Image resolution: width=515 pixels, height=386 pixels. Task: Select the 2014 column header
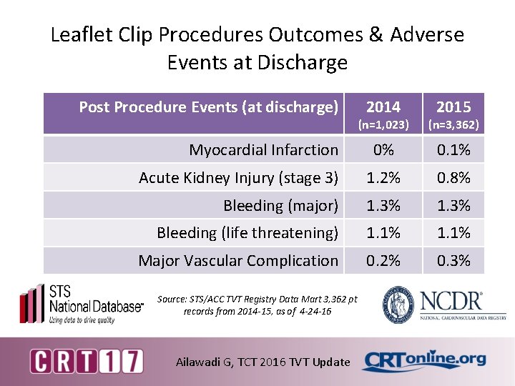click(383, 107)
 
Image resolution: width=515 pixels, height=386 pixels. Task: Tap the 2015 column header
click(453, 107)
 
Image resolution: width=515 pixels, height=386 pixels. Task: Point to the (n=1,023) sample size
click(383, 125)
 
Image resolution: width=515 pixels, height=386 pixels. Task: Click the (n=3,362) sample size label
click(453, 125)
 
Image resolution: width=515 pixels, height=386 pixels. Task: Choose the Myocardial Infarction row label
click(263, 149)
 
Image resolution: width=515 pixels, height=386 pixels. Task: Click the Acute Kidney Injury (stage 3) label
click(238, 177)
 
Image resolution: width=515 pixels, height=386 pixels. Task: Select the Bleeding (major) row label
click(280, 205)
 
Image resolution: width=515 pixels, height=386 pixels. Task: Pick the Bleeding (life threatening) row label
click(247, 232)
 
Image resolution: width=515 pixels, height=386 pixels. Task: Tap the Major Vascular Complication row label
click(238, 260)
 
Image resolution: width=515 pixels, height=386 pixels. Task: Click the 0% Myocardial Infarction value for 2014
click(383, 149)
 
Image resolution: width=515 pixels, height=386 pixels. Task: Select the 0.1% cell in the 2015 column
click(453, 149)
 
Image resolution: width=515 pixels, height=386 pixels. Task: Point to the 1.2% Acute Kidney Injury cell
click(383, 177)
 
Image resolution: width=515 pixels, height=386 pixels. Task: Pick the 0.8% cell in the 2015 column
click(453, 177)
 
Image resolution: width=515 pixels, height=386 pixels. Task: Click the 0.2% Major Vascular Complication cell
click(383, 260)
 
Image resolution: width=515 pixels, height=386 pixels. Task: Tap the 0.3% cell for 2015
click(453, 260)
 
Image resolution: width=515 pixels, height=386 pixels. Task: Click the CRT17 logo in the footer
click(86, 360)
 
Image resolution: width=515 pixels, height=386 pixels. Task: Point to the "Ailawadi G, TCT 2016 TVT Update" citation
click(263, 362)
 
